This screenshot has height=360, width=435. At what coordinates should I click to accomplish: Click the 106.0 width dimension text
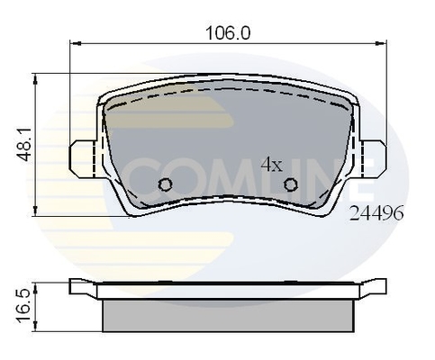tap(228, 32)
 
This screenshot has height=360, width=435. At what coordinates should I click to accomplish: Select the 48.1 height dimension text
tap(25, 144)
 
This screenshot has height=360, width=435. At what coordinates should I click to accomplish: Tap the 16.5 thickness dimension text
tap(25, 307)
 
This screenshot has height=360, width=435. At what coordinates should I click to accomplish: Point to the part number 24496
tap(376, 213)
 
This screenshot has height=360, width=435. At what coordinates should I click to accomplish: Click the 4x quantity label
tap(272, 165)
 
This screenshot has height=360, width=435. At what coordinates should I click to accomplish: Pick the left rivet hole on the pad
tap(165, 184)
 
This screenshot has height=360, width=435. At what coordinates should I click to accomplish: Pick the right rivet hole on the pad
tap(291, 184)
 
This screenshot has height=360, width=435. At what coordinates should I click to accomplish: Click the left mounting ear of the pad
tap(82, 158)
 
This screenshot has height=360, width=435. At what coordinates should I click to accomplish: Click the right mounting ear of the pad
tap(374, 158)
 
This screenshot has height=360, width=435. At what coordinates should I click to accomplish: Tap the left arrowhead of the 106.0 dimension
tap(75, 44)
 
